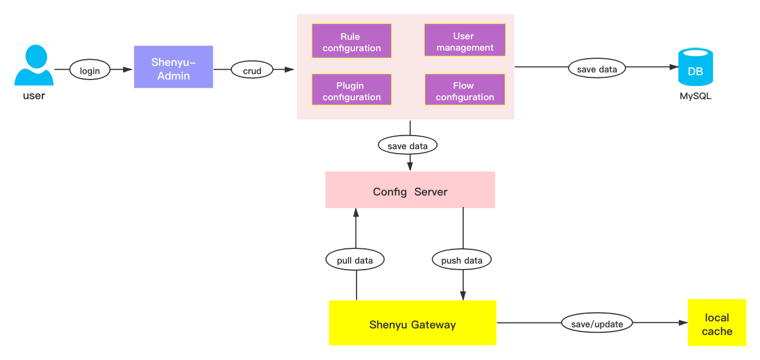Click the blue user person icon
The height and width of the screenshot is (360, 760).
pyautogui.click(x=34, y=65)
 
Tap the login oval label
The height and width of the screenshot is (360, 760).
pyautogui.click(x=90, y=70)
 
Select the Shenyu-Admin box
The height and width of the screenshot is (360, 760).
pyautogui.click(x=174, y=67)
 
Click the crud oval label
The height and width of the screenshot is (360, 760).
pyautogui.click(x=252, y=70)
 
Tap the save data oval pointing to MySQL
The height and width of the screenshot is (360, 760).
pyautogui.click(x=597, y=69)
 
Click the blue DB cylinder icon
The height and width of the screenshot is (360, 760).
pyautogui.click(x=695, y=68)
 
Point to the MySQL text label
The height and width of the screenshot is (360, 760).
pyautogui.click(x=695, y=97)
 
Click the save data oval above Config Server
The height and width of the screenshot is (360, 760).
pyautogui.click(x=408, y=146)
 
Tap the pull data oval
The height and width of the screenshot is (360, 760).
pyautogui.click(x=355, y=260)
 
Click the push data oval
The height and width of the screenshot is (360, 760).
pyautogui.click(x=462, y=260)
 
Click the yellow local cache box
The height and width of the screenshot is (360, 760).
pyautogui.click(x=716, y=323)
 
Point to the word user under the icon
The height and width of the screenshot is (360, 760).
pyautogui.click(x=34, y=96)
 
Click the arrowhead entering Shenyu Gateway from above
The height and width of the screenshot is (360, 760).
pyautogui.click(x=463, y=295)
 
